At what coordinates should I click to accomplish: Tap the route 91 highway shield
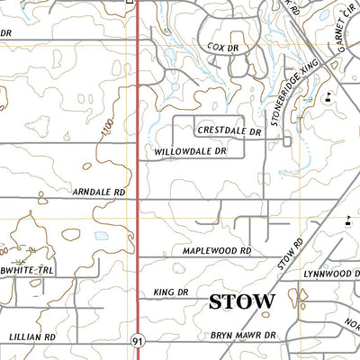[137, 340]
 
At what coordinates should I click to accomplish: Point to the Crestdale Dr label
[229, 131]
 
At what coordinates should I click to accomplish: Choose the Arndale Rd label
[98, 192]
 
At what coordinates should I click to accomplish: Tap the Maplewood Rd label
[215, 251]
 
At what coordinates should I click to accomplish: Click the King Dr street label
[170, 292]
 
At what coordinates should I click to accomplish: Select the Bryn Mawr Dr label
[241, 335]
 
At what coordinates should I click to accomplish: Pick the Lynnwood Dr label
[331, 273]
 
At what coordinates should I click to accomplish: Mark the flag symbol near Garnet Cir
[328, 96]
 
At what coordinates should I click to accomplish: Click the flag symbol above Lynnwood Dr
[347, 219]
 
